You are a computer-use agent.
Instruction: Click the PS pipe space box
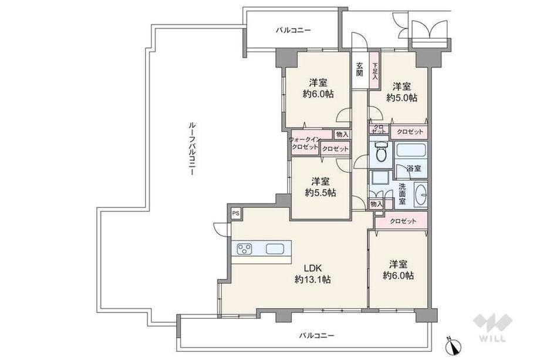click(x=236, y=213)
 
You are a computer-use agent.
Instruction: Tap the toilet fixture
click(x=380, y=151)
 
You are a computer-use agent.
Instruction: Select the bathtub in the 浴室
click(x=410, y=150)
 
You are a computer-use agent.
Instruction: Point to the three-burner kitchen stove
click(x=245, y=249)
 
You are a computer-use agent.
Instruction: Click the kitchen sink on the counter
click(x=275, y=249)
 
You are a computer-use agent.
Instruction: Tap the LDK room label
click(x=312, y=268)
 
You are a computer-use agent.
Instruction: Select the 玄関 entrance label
click(x=360, y=69)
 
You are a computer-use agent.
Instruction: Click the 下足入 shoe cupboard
click(x=374, y=70)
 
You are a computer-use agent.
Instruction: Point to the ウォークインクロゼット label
click(x=305, y=143)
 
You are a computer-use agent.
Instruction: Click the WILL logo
click(x=491, y=327)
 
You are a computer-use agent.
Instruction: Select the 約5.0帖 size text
click(x=401, y=98)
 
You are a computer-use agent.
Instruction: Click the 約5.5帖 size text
click(x=320, y=193)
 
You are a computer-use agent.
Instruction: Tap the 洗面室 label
click(x=402, y=194)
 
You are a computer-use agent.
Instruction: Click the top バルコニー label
click(x=293, y=31)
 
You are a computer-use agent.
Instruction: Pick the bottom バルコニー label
click(x=316, y=335)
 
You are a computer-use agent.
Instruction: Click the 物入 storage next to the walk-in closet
click(x=342, y=134)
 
